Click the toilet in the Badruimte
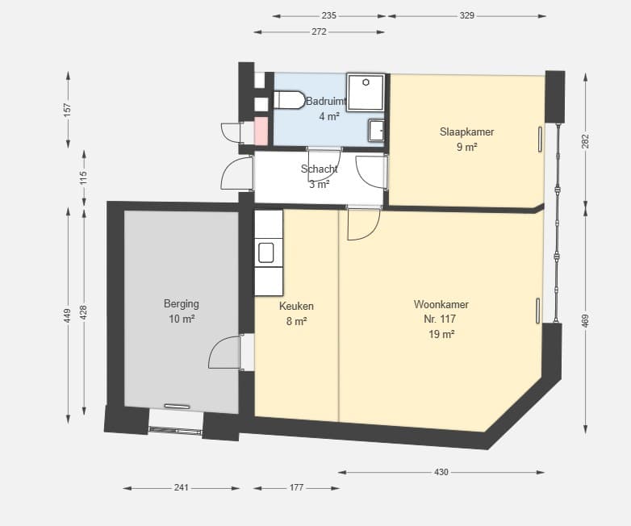[290, 100]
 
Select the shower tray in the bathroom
[366, 92]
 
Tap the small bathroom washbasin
[377, 131]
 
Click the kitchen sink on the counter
[266, 253]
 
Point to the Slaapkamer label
[467, 131]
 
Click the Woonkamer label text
[441, 304]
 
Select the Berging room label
[182, 303]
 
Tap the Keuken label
[296, 307]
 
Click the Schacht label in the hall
[319, 169]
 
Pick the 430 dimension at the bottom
[441, 472]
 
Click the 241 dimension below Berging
[181, 488]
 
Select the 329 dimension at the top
[467, 15]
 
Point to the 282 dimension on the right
[586, 141]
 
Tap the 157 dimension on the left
[68, 110]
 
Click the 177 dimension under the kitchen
[297, 488]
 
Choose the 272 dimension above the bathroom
[319, 31]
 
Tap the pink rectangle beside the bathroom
[261, 131]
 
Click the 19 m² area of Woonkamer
[441, 335]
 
